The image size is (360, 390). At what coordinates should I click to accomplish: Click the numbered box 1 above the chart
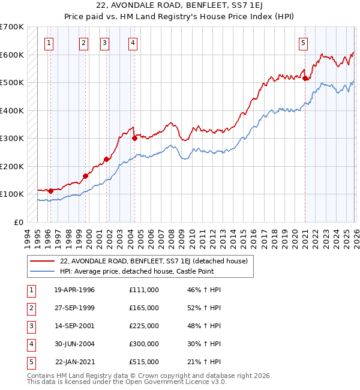(48, 43)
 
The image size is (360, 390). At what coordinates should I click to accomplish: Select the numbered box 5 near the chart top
(304, 43)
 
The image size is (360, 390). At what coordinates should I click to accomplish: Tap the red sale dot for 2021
(305, 78)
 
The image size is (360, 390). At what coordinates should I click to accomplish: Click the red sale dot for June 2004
(134, 138)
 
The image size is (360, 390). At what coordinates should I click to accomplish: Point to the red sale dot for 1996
(50, 191)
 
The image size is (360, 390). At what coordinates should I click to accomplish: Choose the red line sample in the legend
(42, 261)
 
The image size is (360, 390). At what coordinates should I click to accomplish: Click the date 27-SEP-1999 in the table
(74, 308)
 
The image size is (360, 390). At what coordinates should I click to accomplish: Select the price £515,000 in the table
(144, 362)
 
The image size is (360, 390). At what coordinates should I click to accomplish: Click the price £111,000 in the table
(144, 290)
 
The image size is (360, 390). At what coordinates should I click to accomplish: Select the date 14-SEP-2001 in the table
(74, 326)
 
